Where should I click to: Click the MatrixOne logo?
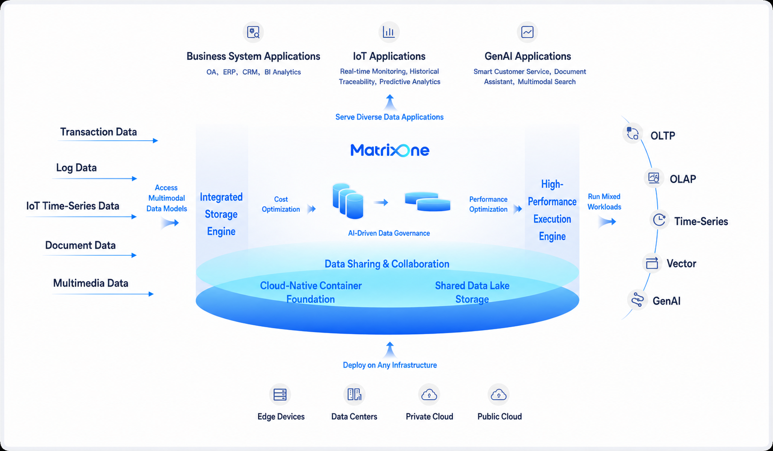(x=390, y=151)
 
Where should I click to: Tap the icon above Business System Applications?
(x=253, y=32)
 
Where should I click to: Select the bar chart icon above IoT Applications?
(x=389, y=32)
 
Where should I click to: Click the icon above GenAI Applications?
(x=527, y=32)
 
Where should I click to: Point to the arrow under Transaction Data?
(x=108, y=140)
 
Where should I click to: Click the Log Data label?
(x=76, y=168)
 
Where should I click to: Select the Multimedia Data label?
(x=91, y=283)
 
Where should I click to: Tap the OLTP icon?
(x=633, y=134)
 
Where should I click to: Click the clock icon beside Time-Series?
(x=660, y=220)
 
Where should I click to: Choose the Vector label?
(x=681, y=264)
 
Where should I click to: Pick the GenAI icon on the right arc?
(x=637, y=299)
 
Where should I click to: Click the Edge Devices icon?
(x=280, y=395)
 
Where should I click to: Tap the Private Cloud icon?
(x=429, y=395)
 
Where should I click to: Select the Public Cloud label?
(x=499, y=417)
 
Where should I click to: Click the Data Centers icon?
(x=354, y=395)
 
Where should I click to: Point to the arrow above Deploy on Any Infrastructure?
(x=390, y=349)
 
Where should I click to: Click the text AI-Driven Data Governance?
(x=389, y=233)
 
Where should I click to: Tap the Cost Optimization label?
(x=281, y=204)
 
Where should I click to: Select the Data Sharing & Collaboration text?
(x=387, y=264)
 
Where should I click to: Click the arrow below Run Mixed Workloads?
(x=607, y=222)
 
